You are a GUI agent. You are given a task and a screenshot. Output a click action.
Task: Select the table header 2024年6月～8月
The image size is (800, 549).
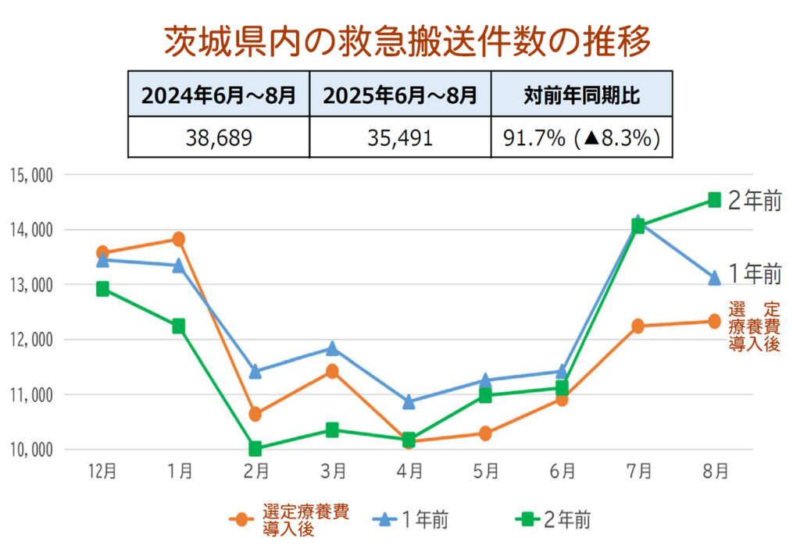coord(218,95)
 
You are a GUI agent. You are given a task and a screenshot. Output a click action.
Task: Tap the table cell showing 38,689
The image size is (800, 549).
coord(218,137)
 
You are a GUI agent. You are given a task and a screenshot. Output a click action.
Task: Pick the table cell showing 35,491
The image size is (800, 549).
coord(400,137)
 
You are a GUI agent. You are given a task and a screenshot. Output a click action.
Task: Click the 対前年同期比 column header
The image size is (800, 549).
coord(581,95)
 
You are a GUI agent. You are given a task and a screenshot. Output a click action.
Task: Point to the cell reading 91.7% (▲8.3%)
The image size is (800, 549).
coord(581,137)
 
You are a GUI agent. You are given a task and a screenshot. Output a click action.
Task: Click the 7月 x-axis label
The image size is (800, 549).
coord(638,471)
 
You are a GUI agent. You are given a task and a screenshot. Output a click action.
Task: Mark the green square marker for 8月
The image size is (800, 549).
coord(714,200)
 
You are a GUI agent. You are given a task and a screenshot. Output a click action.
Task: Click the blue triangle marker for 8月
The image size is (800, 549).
coord(714,278)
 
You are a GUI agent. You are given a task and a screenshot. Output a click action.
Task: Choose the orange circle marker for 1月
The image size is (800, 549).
coord(179,239)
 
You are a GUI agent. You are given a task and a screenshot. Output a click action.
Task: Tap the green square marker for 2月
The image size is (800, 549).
coord(255,449)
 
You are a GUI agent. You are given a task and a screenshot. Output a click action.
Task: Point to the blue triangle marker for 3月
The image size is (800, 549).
coord(332,348)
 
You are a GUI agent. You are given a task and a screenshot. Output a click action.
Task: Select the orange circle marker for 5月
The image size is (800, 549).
coord(485,433)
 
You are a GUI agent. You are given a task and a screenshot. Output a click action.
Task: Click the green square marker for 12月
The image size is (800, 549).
coord(102,289)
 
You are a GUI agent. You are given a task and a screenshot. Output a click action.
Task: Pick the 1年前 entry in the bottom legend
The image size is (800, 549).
coord(411,519)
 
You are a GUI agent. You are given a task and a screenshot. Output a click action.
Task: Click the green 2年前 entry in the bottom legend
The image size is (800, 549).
coord(555,519)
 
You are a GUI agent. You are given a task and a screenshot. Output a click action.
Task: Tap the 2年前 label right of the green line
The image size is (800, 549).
coord(754,201)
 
